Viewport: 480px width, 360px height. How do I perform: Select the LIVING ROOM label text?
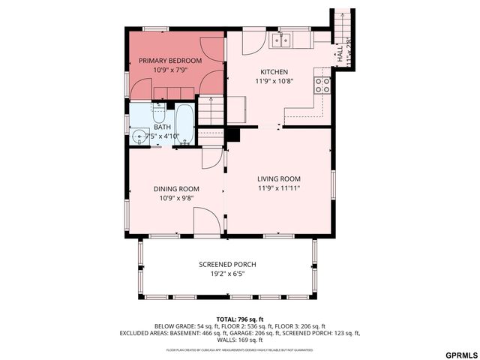coord(278,178)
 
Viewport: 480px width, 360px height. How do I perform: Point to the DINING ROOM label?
coord(176,189)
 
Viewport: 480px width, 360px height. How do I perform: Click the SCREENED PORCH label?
coord(227,265)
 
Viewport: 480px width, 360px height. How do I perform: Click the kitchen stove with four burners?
coord(323,85)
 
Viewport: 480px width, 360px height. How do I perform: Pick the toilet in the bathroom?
coord(159,114)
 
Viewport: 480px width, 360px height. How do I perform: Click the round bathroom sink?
coord(139,136)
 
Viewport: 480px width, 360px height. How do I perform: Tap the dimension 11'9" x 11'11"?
coord(278,188)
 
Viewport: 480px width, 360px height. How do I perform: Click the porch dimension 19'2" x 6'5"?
coord(227,274)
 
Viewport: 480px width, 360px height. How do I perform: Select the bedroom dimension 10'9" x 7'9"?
coord(169,70)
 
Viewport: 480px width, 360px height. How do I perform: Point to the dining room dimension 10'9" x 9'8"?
coord(176,199)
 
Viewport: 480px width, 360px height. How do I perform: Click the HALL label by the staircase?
coord(340,54)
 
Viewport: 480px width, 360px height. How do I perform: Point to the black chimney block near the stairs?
coord(232,133)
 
